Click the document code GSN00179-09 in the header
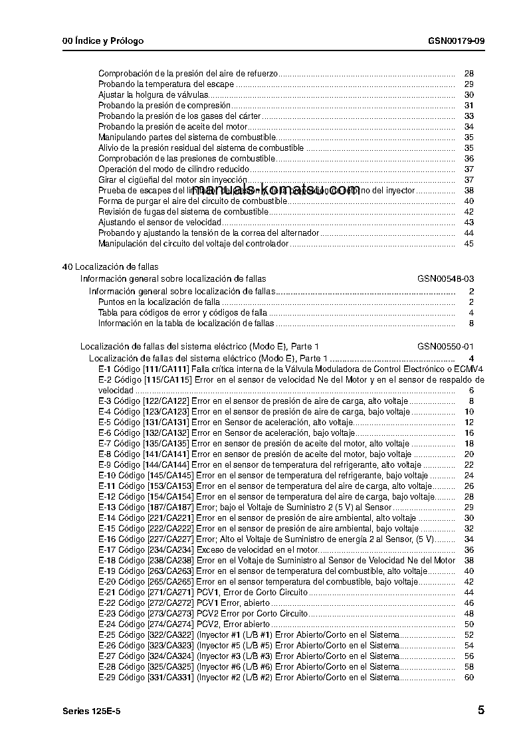456,41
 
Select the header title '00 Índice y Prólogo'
102,41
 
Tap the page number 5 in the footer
480,710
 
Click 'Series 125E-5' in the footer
91,711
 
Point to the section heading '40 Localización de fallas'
110,266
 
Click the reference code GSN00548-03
445,278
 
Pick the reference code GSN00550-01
445,347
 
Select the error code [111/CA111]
166,369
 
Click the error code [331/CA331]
168,678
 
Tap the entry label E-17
107,549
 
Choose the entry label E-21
107,592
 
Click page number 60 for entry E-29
469,678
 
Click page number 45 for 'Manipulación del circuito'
469,244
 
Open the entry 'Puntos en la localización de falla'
159,302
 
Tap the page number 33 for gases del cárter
469,116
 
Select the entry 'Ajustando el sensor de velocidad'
159,223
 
